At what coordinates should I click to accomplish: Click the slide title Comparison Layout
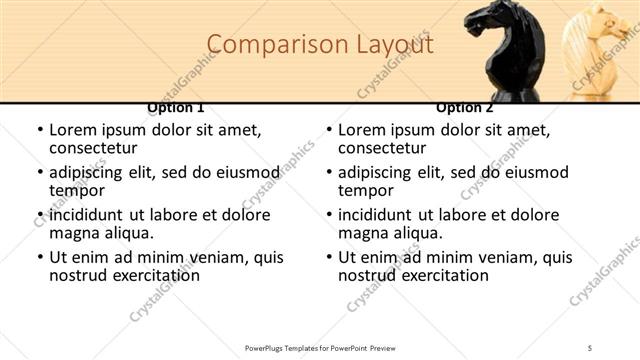click(x=321, y=45)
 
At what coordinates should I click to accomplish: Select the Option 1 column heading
click(x=176, y=107)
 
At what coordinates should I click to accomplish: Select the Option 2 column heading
click(x=464, y=107)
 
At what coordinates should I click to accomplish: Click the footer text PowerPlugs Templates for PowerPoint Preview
click(x=320, y=348)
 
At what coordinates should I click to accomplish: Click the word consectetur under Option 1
click(x=97, y=148)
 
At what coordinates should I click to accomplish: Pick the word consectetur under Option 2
click(x=386, y=148)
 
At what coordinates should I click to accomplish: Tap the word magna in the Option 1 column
click(x=74, y=233)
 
